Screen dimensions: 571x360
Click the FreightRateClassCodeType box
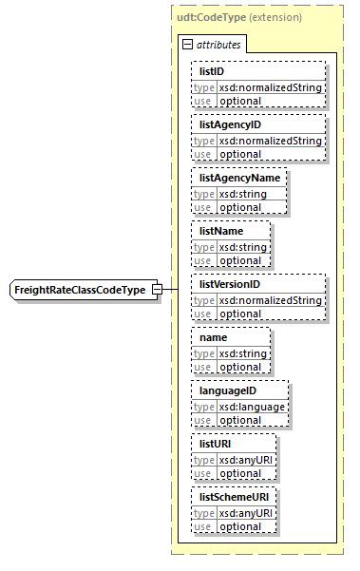(85, 290)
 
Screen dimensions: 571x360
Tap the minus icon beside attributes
(186, 44)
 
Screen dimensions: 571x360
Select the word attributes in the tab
(219, 44)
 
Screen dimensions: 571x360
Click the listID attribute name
(212, 71)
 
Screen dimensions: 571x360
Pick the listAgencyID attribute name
(230, 124)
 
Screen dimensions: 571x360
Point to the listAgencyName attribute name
(237, 178)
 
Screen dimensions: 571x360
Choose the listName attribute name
(220, 231)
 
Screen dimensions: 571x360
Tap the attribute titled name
(214, 337)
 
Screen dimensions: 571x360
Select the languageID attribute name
(228, 390)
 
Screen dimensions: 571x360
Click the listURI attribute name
(216, 444)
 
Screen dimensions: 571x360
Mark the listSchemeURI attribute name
(234, 497)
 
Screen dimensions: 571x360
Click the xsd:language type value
(252, 407)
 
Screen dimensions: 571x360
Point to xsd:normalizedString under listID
(271, 87)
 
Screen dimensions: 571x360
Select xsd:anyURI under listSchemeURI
(246, 513)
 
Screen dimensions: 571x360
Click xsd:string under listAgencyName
(242, 194)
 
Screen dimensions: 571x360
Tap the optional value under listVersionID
(240, 314)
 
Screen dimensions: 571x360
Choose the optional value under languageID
(240, 420)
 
